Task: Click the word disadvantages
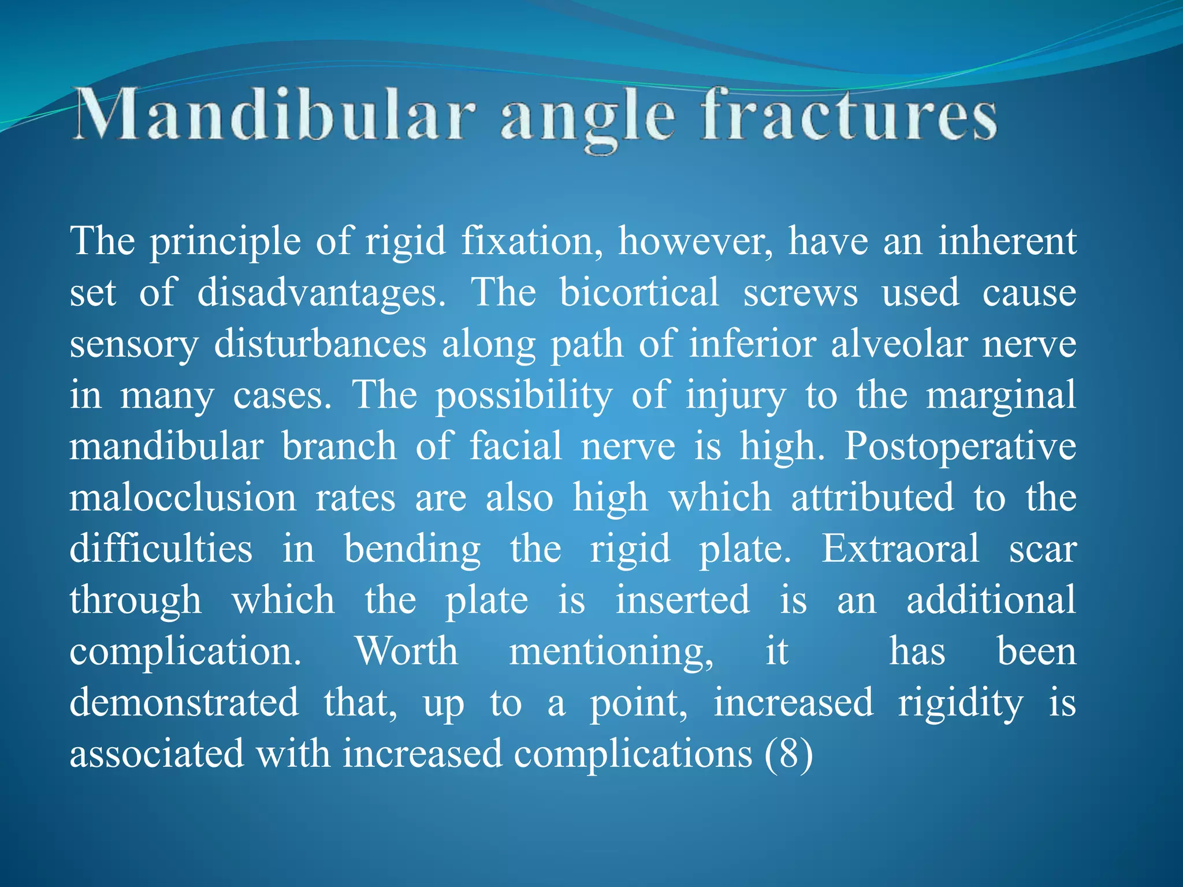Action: (321, 292)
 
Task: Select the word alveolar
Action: (898, 344)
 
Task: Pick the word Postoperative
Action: (960, 447)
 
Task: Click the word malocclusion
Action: (183, 498)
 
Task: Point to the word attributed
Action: (872, 498)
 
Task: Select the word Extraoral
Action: (901, 549)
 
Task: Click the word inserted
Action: (683, 600)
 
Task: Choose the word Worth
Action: (407, 651)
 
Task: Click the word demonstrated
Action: (184, 703)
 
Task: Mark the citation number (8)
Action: (788, 754)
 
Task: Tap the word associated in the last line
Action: (157, 754)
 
